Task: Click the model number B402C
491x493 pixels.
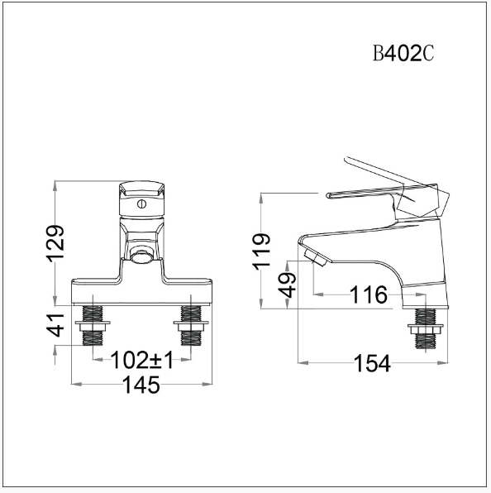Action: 403,55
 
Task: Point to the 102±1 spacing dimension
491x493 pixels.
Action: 143,361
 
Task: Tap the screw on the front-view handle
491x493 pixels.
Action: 142,201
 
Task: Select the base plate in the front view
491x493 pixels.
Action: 142,290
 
